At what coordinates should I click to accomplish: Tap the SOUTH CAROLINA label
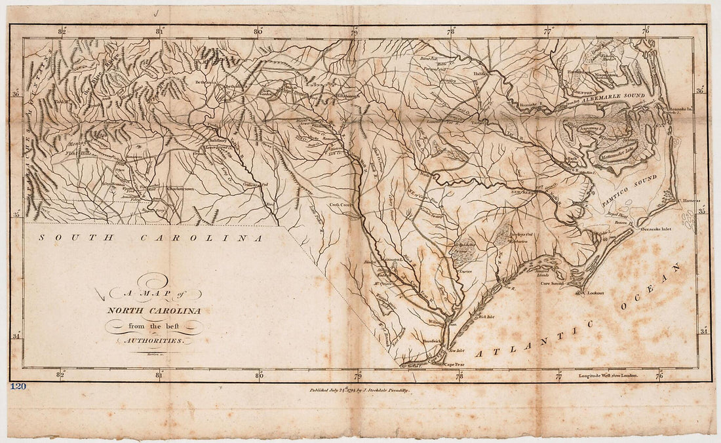point(150,238)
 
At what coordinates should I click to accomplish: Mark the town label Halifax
point(481,74)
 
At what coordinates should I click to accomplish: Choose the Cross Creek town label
point(341,205)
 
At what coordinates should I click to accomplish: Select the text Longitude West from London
point(609,376)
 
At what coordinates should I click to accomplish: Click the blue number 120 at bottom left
point(18,386)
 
